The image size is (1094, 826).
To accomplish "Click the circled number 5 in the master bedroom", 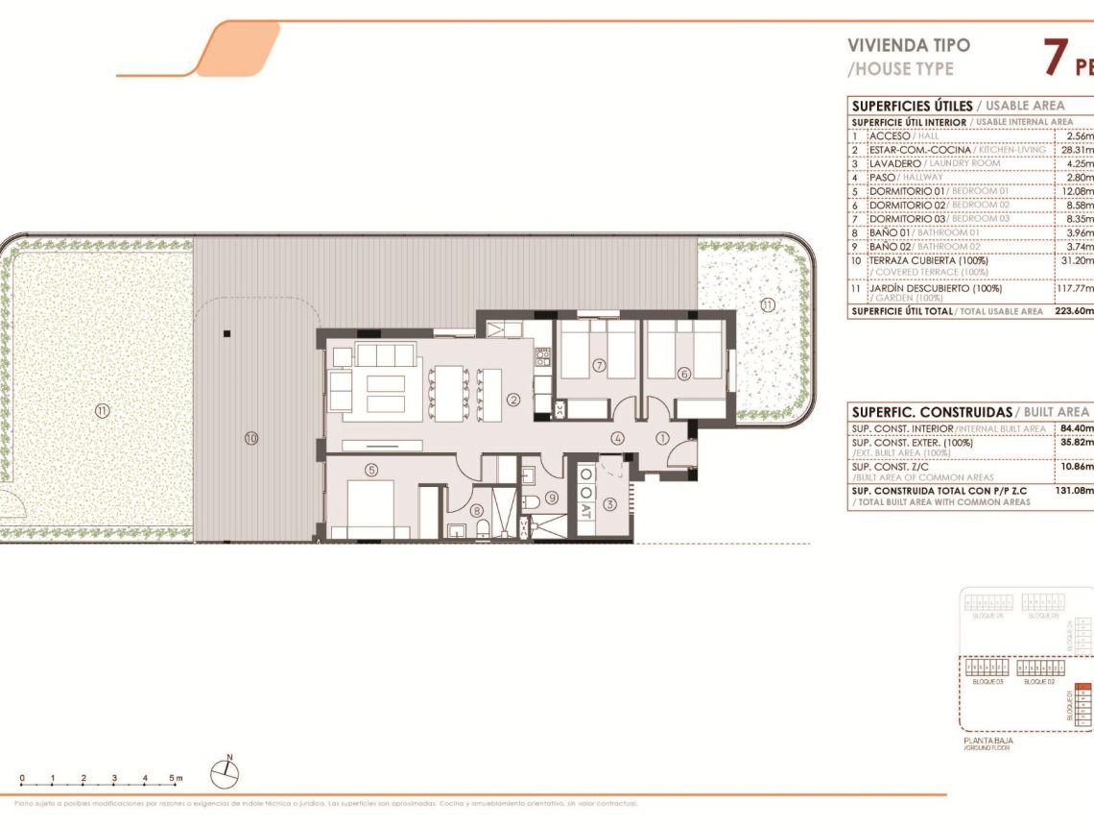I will click(x=372, y=469).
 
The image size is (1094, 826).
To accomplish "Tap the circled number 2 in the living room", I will click(x=513, y=400).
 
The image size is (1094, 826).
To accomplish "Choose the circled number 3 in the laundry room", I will click(x=608, y=504).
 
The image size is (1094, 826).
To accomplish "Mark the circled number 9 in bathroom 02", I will click(x=552, y=498).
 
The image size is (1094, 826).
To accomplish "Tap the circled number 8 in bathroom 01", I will click(x=477, y=511).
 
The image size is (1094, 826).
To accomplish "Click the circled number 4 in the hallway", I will click(x=619, y=439).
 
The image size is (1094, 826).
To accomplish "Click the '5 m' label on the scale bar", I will click(x=176, y=778).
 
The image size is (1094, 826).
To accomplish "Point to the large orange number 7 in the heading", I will click(x=1055, y=58).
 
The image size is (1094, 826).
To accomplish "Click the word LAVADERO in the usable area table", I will click(x=894, y=164).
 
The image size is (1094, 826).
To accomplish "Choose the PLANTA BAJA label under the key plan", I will click(x=987, y=741).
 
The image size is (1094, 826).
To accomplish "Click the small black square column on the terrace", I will click(x=226, y=334).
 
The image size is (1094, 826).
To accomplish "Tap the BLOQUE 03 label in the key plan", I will click(x=987, y=682).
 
